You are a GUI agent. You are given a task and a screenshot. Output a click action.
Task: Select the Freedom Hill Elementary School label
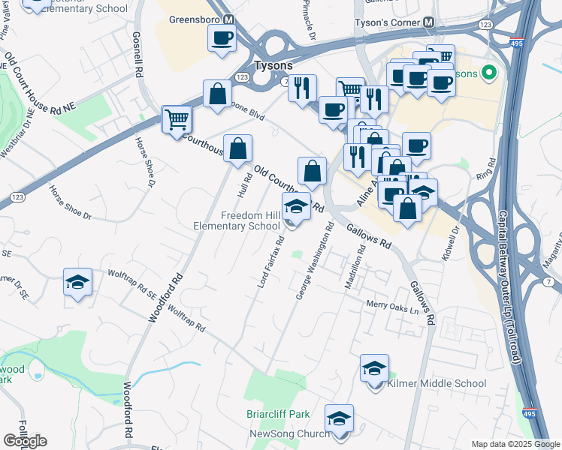[x=250, y=220]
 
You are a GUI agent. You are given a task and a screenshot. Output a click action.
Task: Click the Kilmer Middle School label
[x=437, y=383]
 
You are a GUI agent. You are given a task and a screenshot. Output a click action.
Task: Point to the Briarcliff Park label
[x=278, y=414]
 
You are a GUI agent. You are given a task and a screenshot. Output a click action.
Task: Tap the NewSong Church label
[x=290, y=433]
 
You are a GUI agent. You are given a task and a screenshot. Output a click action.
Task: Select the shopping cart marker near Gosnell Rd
[x=177, y=118]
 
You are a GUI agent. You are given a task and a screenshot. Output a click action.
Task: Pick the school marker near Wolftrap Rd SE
[x=77, y=282]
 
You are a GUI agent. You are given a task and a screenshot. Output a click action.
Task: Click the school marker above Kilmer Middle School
[x=374, y=368]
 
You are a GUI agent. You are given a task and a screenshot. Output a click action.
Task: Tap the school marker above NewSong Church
[x=339, y=418]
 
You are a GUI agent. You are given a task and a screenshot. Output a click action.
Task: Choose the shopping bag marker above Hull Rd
[x=237, y=149]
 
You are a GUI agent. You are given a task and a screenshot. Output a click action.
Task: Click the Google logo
[x=25, y=441]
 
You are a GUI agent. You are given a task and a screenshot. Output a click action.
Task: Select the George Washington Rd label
[x=315, y=260]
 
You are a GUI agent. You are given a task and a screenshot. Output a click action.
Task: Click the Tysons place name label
[x=273, y=65]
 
